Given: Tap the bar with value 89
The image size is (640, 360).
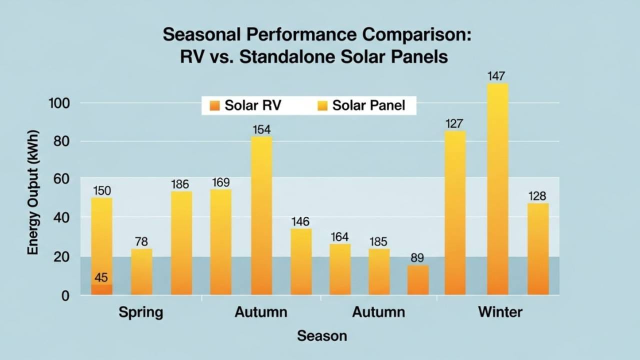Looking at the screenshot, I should pyautogui.click(x=418, y=280).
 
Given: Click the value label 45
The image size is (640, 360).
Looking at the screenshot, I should pyautogui.click(x=101, y=277).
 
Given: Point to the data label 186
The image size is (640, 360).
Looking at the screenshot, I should pyautogui.click(x=181, y=184).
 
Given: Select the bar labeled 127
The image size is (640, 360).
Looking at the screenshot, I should pyautogui.click(x=455, y=212).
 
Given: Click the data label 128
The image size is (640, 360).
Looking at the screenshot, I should pyautogui.click(x=537, y=196).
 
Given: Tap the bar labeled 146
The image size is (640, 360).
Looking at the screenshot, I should pyautogui.click(x=301, y=261).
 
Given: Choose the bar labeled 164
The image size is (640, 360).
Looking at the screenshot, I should pyautogui.click(x=340, y=269).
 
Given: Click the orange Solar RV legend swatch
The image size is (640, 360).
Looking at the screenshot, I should pyautogui.click(x=214, y=105).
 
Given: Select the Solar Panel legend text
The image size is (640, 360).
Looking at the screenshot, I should pyautogui.click(x=368, y=105).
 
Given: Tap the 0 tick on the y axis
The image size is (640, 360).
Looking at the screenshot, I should pyautogui.click(x=65, y=296).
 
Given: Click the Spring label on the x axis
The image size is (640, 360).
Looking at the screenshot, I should pyautogui.click(x=141, y=312).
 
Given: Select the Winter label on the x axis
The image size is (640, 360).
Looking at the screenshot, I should pyautogui.click(x=500, y=312).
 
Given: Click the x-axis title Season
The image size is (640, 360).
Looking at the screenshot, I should pyautogui.click(x=321, y=335).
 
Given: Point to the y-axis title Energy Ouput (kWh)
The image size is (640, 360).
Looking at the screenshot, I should pyautogui.click(x=33, y=192).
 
